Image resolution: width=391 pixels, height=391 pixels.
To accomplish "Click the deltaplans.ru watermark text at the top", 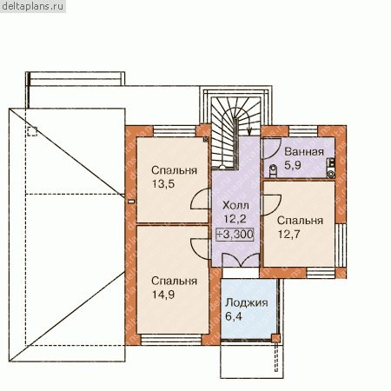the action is coord(33,6).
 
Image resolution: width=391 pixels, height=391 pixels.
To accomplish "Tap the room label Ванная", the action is coord(304,151).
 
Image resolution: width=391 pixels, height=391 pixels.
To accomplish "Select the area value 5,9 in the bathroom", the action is coord(293,165).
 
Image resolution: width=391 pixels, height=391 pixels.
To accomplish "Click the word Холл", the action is coord(235,205).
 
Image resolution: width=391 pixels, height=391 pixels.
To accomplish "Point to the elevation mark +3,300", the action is coord(235,234).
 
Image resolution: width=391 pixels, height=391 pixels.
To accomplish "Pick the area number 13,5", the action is coord(163,183).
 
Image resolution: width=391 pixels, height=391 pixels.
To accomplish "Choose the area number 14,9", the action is coord(163,295).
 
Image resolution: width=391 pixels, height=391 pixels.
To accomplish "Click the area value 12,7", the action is coord(289,234).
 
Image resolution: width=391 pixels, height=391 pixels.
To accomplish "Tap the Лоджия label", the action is coord(247,302).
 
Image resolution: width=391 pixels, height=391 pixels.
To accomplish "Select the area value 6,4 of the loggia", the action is coord(234,316).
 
